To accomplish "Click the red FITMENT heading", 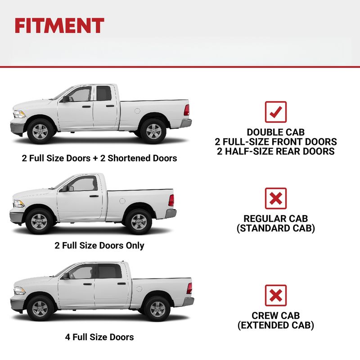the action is [x=59, y=26].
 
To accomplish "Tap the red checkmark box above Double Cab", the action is [x=275, y=112].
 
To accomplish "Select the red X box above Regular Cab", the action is [x=275, y=198].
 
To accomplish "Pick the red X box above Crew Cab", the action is [x=275, y=296].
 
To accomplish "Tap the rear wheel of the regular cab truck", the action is [x=139, y=221].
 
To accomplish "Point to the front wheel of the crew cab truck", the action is [x=40, y=308].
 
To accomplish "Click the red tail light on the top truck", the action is [x=187, y=110].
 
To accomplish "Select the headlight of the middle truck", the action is [x=19, y=203].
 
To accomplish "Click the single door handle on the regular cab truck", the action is [x=94, y=196].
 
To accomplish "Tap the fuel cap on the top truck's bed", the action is [x=137, y=111].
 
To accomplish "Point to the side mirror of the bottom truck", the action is [x=66, y=276].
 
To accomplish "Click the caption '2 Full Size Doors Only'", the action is [x=99, y=245].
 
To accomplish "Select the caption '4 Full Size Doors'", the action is [x=99, y=337].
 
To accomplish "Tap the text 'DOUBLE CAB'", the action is [x=275, y=132].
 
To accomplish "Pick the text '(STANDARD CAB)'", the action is [x=275, y=228].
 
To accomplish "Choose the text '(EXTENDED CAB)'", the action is [x=275, y=325].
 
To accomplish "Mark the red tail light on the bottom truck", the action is [x=189, y=288].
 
